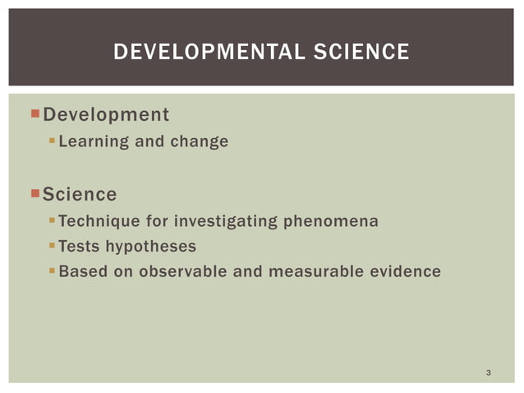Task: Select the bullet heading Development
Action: click(x=106, y=114)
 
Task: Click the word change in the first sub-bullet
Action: click(x=199, y=141)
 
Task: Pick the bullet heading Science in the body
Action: click(x=80, y=195)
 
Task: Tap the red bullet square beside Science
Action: click(x=34, y=194)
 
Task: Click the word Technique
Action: click(x=99, y=221)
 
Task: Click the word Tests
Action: click(x=80, y=246)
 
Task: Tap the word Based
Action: click(x=81, y=270)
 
